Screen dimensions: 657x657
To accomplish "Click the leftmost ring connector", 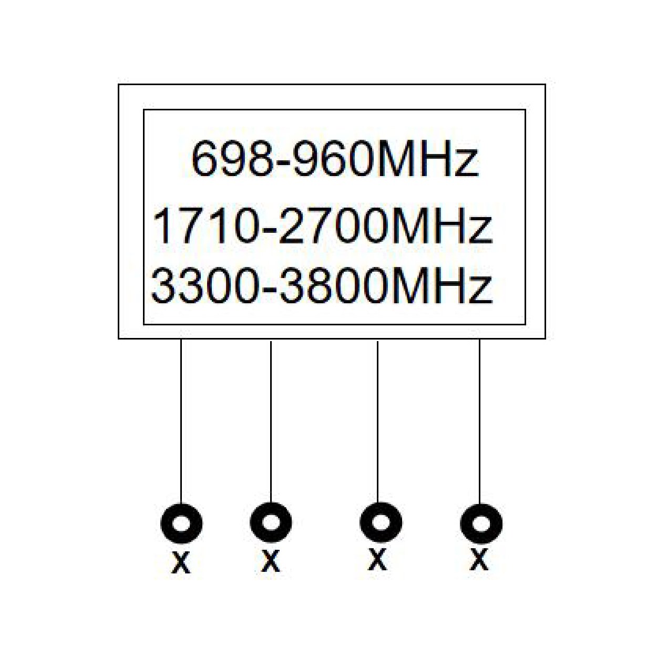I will tap(181, 523).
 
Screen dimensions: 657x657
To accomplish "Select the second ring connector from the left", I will tap(271, 522).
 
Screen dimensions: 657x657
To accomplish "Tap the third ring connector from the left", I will tap(381, 523).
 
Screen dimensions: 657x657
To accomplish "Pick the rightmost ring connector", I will tap(481, 523).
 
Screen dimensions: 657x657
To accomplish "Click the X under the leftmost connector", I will tap(181, 562).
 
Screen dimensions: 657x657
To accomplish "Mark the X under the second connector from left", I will tap(270, 561).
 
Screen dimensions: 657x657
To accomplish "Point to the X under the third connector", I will tap(377, 559).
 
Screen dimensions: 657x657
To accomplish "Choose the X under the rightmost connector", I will tap(479, 559).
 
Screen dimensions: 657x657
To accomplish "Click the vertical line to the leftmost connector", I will tap(181, 420).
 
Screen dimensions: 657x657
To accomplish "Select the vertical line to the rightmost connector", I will tap(479, 420).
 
